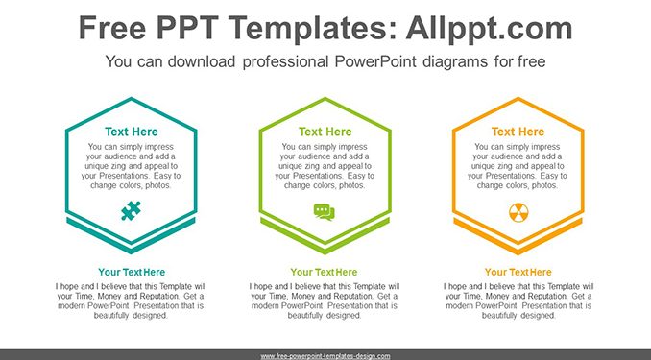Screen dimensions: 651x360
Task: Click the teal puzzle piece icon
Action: (132, 210)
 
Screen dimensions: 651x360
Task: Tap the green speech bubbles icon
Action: (325, 212)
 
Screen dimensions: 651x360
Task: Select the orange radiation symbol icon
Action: (518, 212)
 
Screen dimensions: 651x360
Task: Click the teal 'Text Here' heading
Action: (132, 132)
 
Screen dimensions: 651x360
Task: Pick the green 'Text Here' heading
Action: (325, 132)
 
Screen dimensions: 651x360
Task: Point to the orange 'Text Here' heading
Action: (518, 132)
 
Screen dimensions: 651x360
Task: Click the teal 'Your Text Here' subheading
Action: (132, 272)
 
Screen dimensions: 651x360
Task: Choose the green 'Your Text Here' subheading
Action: (324, 272)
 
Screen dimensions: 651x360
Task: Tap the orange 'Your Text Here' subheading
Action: (518, 272)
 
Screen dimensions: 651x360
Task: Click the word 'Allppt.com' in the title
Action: (489, 28)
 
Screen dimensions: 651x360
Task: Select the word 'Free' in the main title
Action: (112, 28)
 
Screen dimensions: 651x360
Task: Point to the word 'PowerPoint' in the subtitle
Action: (374, 61)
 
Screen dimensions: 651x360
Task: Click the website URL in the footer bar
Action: (325, 356)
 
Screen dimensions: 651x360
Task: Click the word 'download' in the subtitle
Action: (202, 61)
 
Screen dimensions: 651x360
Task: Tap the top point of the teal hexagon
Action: (132, 98)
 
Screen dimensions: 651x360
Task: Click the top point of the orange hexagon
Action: (518, 98)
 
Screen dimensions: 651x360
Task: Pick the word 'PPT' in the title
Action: (187, 28)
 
